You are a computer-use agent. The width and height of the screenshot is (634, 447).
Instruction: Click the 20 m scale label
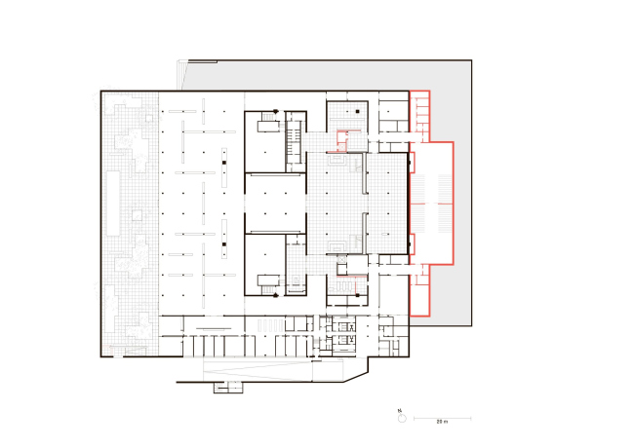click(x=442, y=422)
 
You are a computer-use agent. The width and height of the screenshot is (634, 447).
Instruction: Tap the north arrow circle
click(x=402, y=419)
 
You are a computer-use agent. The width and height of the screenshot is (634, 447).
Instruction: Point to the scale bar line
click(x=443, y=419)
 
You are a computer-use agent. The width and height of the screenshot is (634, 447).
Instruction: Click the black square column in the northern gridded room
click(x=357, y=111)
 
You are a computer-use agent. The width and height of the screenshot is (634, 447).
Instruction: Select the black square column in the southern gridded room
click(x=357, y=295)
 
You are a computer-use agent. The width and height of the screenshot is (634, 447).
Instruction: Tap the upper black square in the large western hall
click(x=224, y=163)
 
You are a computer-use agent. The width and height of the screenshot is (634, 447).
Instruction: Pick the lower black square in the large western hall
click(x=224, y=243)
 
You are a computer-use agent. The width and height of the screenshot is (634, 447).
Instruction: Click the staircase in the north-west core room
click(x=268, y=117)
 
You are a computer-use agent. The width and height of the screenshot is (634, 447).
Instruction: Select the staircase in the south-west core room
click(x=268, y=289)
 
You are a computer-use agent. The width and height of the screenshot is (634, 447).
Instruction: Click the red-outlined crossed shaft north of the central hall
click(x=341, y=147)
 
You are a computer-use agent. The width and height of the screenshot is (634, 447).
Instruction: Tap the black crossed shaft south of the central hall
click(x=341, y=259)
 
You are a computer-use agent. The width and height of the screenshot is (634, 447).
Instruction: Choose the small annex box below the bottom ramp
click(x=228, y=388)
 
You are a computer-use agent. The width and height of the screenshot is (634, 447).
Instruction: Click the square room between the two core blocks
click(x=275, y=204)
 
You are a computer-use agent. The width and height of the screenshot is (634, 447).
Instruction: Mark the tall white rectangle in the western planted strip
click(x=113, y=204)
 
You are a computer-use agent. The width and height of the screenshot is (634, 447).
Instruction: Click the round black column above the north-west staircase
click(x=276, y=111)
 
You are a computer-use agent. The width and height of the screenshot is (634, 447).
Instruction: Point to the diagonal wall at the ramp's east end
click(x=356, y=377)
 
